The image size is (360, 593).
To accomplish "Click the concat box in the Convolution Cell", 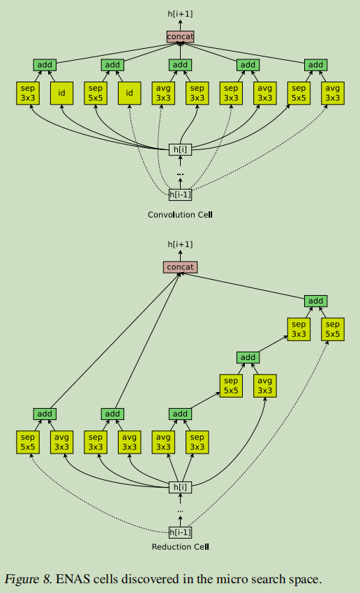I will [x=180, y=36].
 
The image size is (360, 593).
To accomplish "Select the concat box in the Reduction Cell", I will [x=180, y=267].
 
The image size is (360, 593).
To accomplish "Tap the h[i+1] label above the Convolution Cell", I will [x=180, y=14].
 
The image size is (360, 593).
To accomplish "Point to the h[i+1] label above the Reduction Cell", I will [x=180, y=244].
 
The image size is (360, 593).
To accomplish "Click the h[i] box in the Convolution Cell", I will [x=180, y=149].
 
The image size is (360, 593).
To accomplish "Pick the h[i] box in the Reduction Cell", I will [x=180, y=487].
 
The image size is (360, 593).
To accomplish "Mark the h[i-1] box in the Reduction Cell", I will [x=180, y=532].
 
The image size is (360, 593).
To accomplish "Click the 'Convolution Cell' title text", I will [x=180, y=214].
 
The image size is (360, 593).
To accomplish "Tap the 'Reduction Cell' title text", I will [x=180, y=546].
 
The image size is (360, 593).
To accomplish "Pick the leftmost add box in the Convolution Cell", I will [x=45, y=65].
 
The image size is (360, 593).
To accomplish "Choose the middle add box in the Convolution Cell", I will [x=180, y=65].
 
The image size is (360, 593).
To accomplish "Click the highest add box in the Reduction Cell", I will [x=316, y=301].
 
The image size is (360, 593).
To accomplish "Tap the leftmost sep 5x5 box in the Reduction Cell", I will [x=28, y=442].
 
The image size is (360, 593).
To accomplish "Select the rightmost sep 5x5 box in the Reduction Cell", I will [x=333, y=329].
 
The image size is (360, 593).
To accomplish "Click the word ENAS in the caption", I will [x=68, y=579].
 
